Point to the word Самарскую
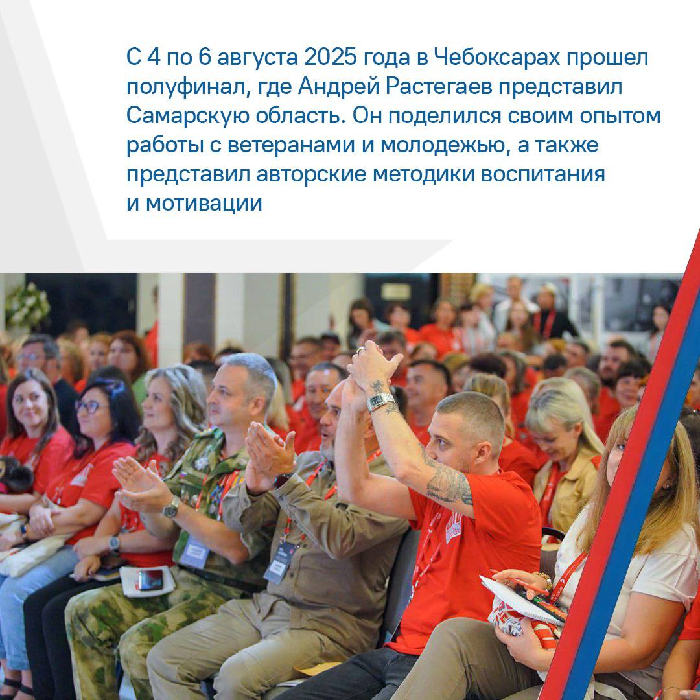[187, 116]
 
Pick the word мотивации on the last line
[204, 204]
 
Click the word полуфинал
[186, 87]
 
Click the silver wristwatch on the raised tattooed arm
[380, 402]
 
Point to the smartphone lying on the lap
[150, 579]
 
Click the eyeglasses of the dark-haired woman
[89, 406]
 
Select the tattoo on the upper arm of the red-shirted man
[449, 484]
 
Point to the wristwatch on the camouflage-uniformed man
[171, 507]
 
